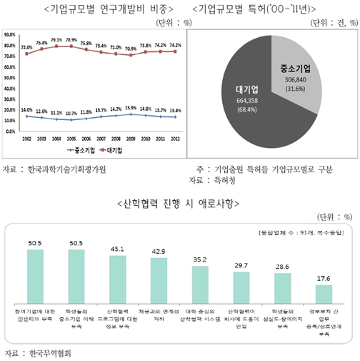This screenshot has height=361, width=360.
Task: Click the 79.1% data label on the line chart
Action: (x=56, y=41)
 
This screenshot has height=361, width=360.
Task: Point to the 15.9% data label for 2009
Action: (x=131, y=108)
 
